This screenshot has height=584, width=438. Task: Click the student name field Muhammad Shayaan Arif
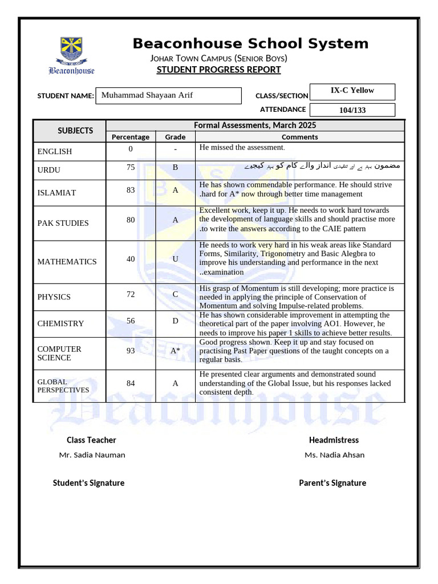tap(168, 95)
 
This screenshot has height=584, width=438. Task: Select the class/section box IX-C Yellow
tap(352, 91)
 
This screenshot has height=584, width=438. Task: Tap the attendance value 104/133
tap(352, 110)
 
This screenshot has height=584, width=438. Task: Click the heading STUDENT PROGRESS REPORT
tap(218, 70)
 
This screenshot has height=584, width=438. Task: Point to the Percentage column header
tap(131, 137)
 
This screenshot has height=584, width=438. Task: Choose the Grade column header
tap(175, 137)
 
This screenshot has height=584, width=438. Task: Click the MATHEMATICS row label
tap(67, 262)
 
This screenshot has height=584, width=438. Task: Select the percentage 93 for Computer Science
tap(131, 351)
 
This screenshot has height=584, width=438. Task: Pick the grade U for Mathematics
tap(175, 259)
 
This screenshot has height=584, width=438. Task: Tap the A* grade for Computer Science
tap(175, 351)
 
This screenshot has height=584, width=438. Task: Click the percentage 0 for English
tap(131, 149)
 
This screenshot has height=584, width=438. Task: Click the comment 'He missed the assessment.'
tap(242, 148)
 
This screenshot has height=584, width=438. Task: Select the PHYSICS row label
tap(54, 297)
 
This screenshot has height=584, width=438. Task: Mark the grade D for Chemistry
tap(175, 321)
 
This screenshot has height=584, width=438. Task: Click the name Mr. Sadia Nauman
tap(92, 455)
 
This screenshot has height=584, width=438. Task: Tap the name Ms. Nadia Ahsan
tap(334, 455)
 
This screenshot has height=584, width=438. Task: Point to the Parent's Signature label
tap(332, 483)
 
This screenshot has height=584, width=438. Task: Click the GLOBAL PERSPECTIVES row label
tap(63, 386)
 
